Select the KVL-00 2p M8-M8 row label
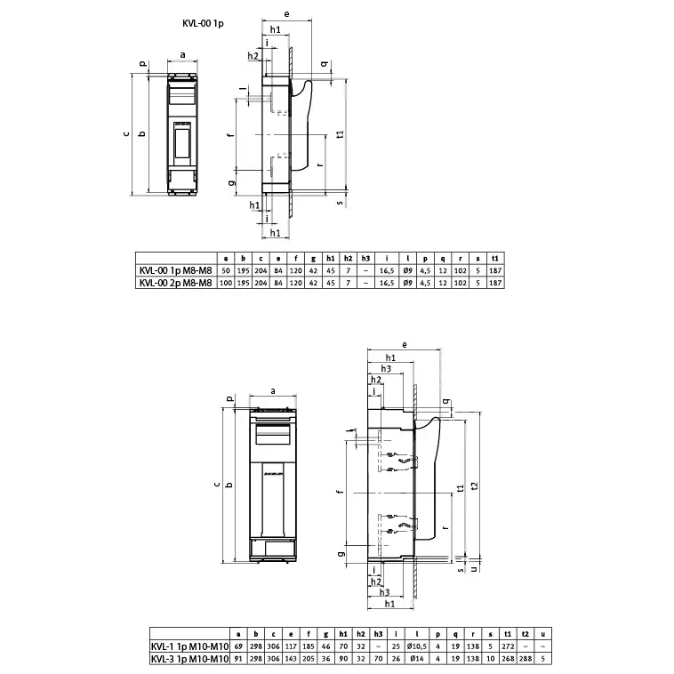pos(175,283)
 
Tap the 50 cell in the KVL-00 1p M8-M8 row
pos(225,271)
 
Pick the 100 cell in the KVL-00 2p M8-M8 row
pos(225,283)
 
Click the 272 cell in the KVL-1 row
pos(506,646)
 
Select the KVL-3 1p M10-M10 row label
pos(185,659)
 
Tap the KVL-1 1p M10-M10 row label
pos(185,646)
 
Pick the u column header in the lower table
pos(544,634)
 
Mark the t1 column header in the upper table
pos(494,259)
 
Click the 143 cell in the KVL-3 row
pos(293,659)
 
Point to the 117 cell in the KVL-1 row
pos(293,646)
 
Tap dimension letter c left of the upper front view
pos(126,135)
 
